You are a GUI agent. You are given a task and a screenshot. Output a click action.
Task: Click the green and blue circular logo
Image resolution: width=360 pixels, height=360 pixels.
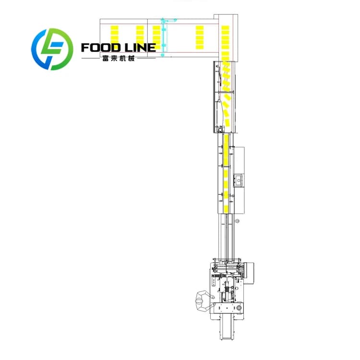52,49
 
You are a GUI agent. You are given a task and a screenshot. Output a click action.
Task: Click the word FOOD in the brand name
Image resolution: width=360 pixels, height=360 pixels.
101,48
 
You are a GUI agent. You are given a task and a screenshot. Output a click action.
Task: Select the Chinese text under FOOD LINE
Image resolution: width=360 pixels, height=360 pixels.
118,59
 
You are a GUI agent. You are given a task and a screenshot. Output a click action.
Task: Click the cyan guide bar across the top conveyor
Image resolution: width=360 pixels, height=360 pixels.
164,37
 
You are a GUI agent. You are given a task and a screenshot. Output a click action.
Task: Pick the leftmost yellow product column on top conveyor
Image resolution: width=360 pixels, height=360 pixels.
115,37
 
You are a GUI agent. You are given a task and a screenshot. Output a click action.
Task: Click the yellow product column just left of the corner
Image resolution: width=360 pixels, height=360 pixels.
200,37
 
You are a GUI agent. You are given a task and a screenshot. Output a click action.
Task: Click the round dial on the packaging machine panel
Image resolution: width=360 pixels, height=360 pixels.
240,308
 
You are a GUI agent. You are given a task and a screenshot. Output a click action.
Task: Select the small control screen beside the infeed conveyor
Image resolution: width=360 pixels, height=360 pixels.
239,180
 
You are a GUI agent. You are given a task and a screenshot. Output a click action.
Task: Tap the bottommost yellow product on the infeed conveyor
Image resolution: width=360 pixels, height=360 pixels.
226,209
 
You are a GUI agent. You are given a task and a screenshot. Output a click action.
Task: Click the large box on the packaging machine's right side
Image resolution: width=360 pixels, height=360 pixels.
249,273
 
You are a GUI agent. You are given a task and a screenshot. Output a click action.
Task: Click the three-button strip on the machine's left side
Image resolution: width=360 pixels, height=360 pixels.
213,281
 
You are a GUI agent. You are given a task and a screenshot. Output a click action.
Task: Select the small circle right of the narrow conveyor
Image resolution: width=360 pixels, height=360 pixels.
237,221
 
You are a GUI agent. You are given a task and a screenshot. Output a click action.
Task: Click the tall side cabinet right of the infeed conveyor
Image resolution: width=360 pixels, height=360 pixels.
239,180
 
